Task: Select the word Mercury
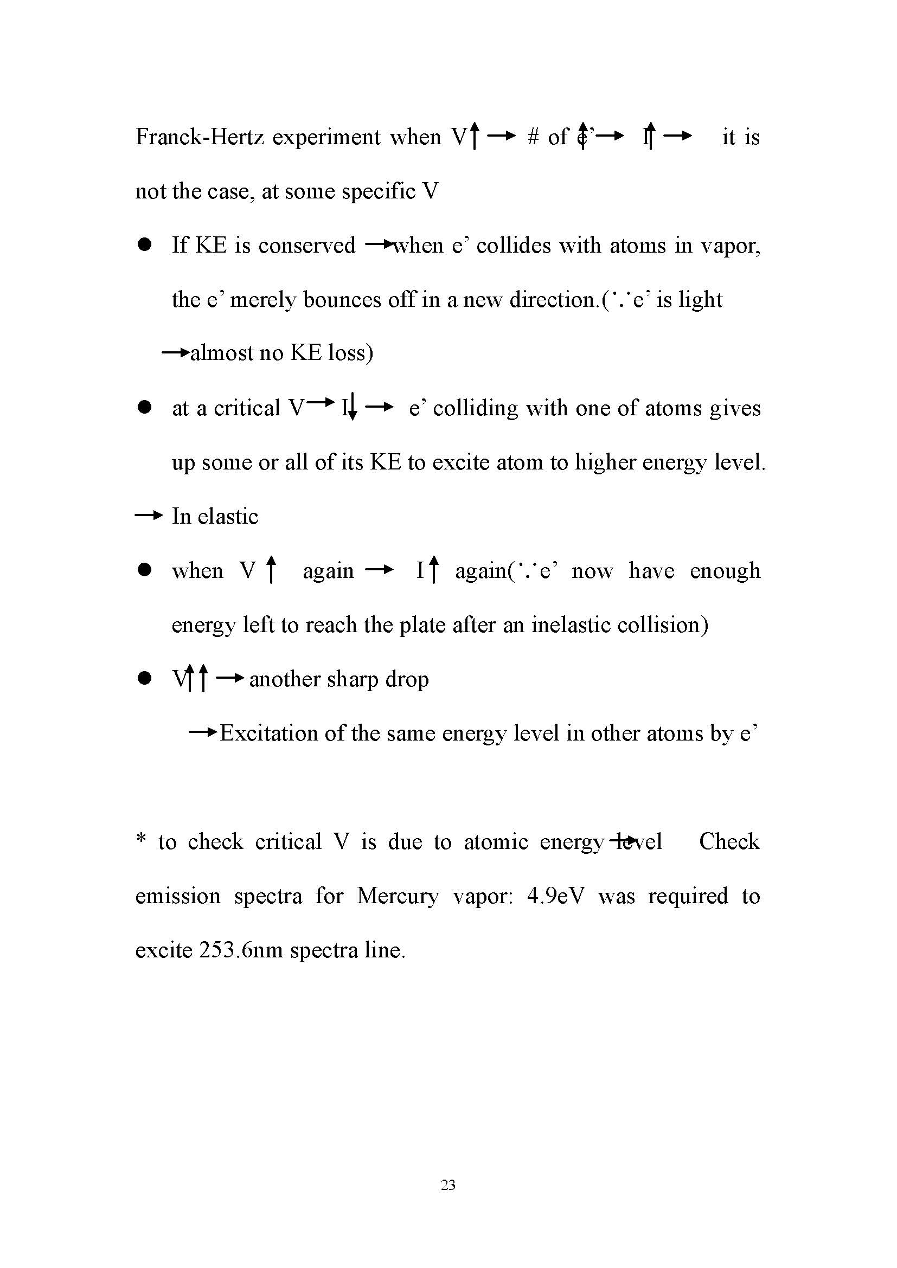(397, 896)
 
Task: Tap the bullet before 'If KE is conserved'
(145, 245)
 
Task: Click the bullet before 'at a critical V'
(145, 408)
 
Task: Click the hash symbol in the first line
(533, 137)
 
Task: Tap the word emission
(178, 896)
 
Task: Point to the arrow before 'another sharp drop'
(230, 678)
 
